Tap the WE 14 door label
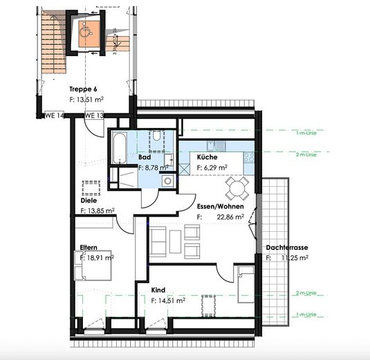click(x=55, y=116)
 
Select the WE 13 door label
click(x=95, y=116)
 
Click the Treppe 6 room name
click(x=82, y=89)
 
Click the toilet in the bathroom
click(x=158, y=136)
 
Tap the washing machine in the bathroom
click(x=167, y=181)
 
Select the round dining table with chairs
click(x=237, y=187)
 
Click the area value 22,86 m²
click(x=230, y=217)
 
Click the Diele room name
click(x=88, y=201)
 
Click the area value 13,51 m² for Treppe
click(x=94, y=100)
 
